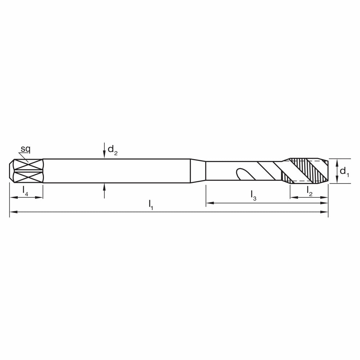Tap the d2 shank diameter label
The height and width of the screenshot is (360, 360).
coord(112,149)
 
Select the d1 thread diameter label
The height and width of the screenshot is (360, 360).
coord(344,172)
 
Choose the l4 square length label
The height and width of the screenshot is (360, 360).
coord(26,191)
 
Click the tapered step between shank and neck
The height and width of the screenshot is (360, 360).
coord(198,171)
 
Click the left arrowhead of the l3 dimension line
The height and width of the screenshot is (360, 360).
coord(208,203)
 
